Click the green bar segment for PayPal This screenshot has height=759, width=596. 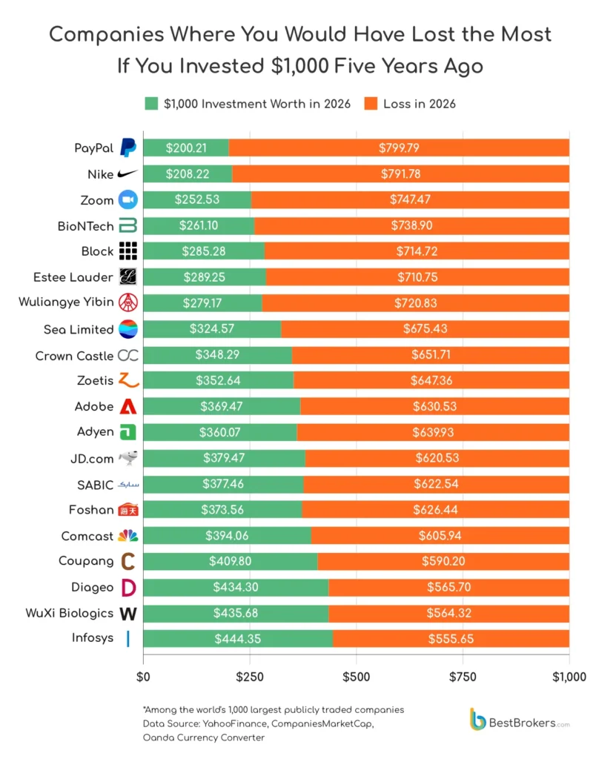(x=186, y=148)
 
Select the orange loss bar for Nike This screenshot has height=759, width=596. (x=400, y=173)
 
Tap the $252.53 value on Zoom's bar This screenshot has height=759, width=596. (x=197, y=199)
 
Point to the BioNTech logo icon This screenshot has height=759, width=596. (x=128, y=225)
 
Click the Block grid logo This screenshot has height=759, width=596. (x=128, y=251)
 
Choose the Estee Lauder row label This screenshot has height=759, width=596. (x=73, y=277)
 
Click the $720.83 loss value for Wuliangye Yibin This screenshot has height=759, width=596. (x=415, y=303)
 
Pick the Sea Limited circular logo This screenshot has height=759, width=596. (x=128, y=329)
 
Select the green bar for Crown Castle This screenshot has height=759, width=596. (x=217, y=355)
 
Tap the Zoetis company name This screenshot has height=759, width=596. (x=95, y=380)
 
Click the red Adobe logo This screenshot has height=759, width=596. (x=128, y=407)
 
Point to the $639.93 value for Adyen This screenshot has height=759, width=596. (x=433, y=432)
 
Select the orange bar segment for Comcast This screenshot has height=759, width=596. (x=440, y=535)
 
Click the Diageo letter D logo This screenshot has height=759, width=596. (x=128, y=588)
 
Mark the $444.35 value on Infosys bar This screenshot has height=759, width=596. (x=238, y=639)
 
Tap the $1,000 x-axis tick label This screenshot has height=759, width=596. (x=569, y=677)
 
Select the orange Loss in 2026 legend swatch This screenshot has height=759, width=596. (x=371, y=104)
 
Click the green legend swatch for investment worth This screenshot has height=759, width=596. (x=151, y=104)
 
